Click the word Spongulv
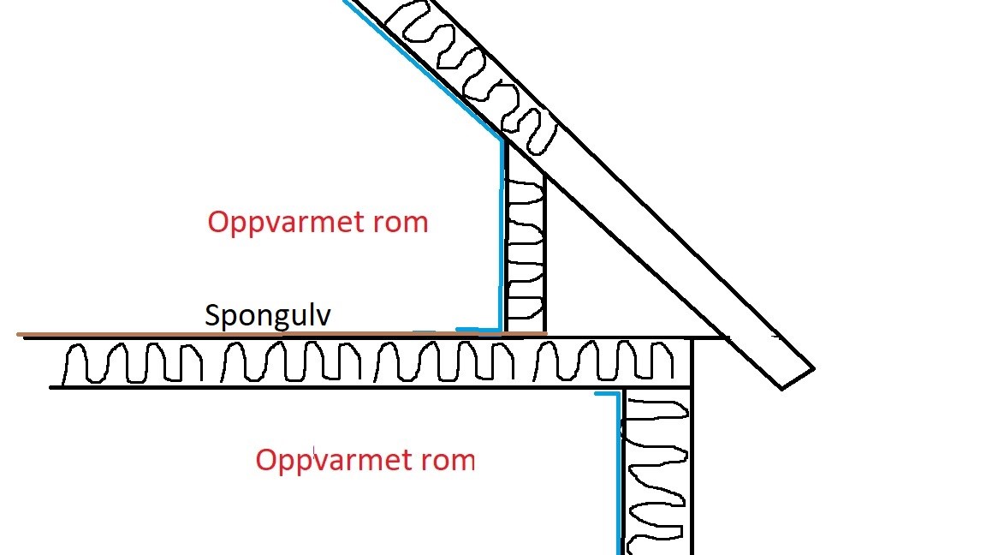click(x=267, y=316)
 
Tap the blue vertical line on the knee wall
click(x=502, y=240)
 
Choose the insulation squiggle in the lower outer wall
click(x=656, y=471)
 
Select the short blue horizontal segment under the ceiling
click(x=606, y=394)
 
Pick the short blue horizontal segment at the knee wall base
click(x=478, y=329)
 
